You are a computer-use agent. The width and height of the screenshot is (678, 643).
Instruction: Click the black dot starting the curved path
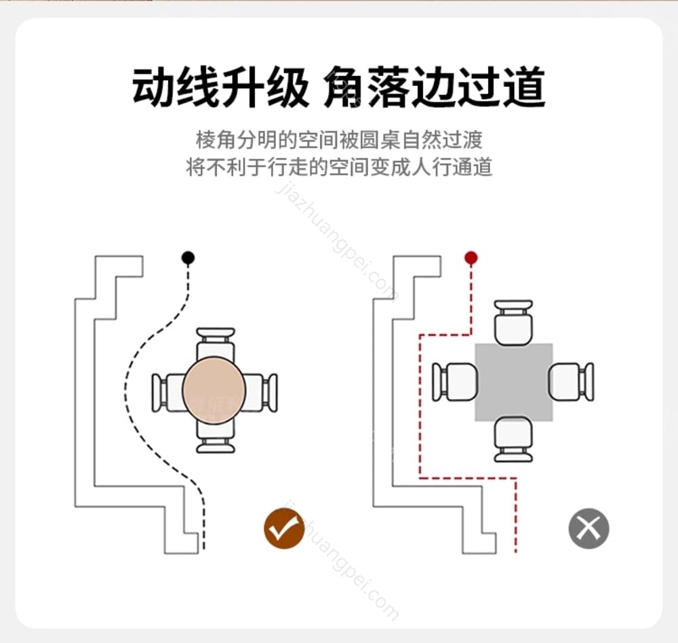(x=188, y=257)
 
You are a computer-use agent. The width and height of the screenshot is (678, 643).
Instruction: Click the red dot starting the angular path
(x=471, y=257)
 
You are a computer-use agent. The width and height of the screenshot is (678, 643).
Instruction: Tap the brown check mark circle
(x=284, y=528)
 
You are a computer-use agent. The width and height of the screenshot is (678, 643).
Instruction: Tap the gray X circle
(x=589, y=528)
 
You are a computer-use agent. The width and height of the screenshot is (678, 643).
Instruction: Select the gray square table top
(x=513, y=382)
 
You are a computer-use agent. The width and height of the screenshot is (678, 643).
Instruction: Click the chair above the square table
(x=513, y=323)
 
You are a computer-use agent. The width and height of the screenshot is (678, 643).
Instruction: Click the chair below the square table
(x=513, y=440)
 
